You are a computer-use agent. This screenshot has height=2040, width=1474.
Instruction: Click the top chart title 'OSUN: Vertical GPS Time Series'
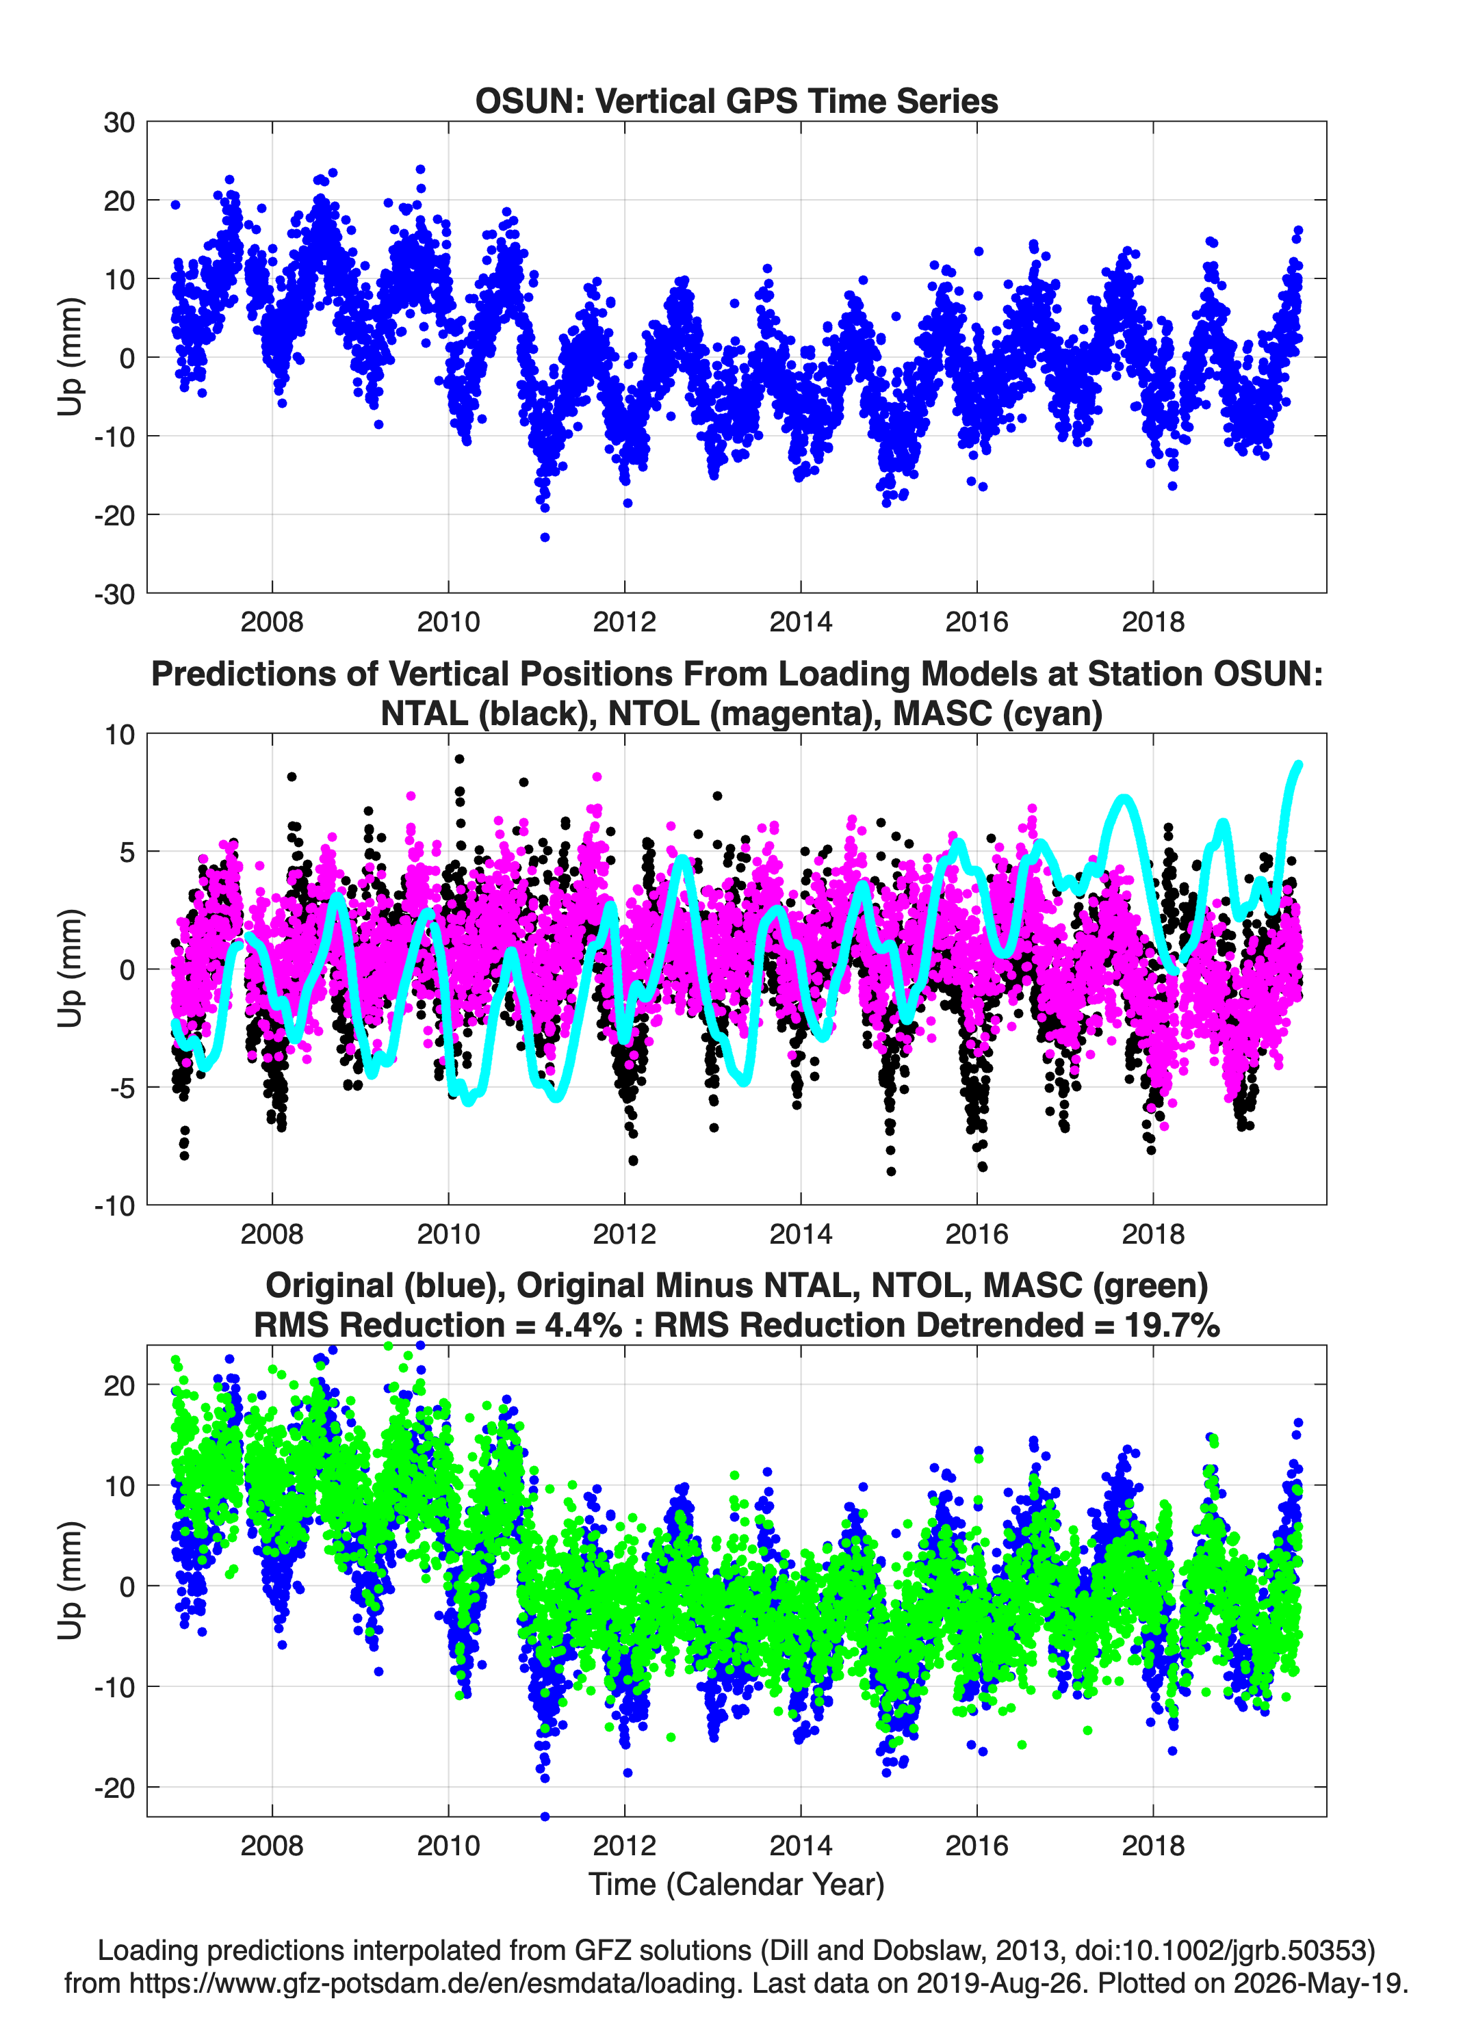[x=736, y=101]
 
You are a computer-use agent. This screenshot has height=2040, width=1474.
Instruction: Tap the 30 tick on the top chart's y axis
[x=119, y=122]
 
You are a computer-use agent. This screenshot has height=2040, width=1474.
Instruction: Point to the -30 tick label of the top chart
[x=114, y=594]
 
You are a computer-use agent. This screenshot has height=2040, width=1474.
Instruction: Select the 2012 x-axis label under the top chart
[x=625, y=622]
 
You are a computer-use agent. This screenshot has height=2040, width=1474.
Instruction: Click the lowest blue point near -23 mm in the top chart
[x=545, y=537]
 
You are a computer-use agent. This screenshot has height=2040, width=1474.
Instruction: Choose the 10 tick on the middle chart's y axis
[x=119, y=735]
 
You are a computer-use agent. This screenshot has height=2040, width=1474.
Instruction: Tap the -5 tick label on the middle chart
[x=120, y=1088]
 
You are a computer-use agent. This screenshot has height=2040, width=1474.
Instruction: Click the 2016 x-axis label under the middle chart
[x=977, y=1233]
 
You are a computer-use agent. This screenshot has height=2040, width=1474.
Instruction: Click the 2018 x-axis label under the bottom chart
[x=1154, y=1846]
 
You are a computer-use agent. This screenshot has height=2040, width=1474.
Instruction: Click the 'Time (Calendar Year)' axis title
[x=736, y=1885]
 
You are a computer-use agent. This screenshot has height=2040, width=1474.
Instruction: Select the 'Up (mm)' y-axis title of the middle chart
[x=70, y=969]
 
